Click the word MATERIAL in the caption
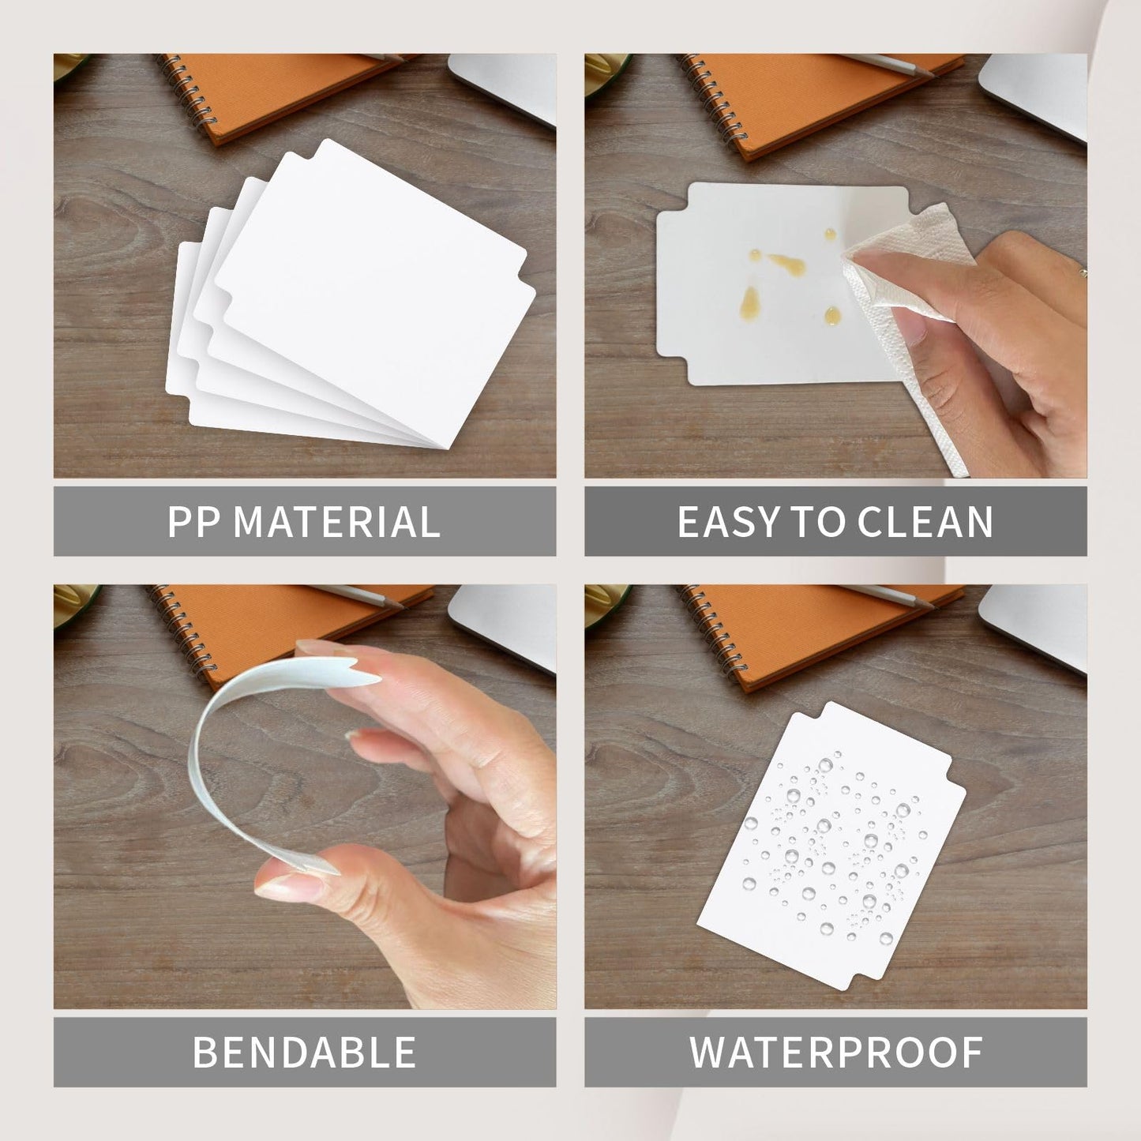click(x=336, y=522)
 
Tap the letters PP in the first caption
click(x=193, y=522)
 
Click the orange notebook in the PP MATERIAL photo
click(x=278, y=95)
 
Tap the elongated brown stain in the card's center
click(x=787, y=264)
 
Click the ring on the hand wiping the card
click(x=1083, y=273)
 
